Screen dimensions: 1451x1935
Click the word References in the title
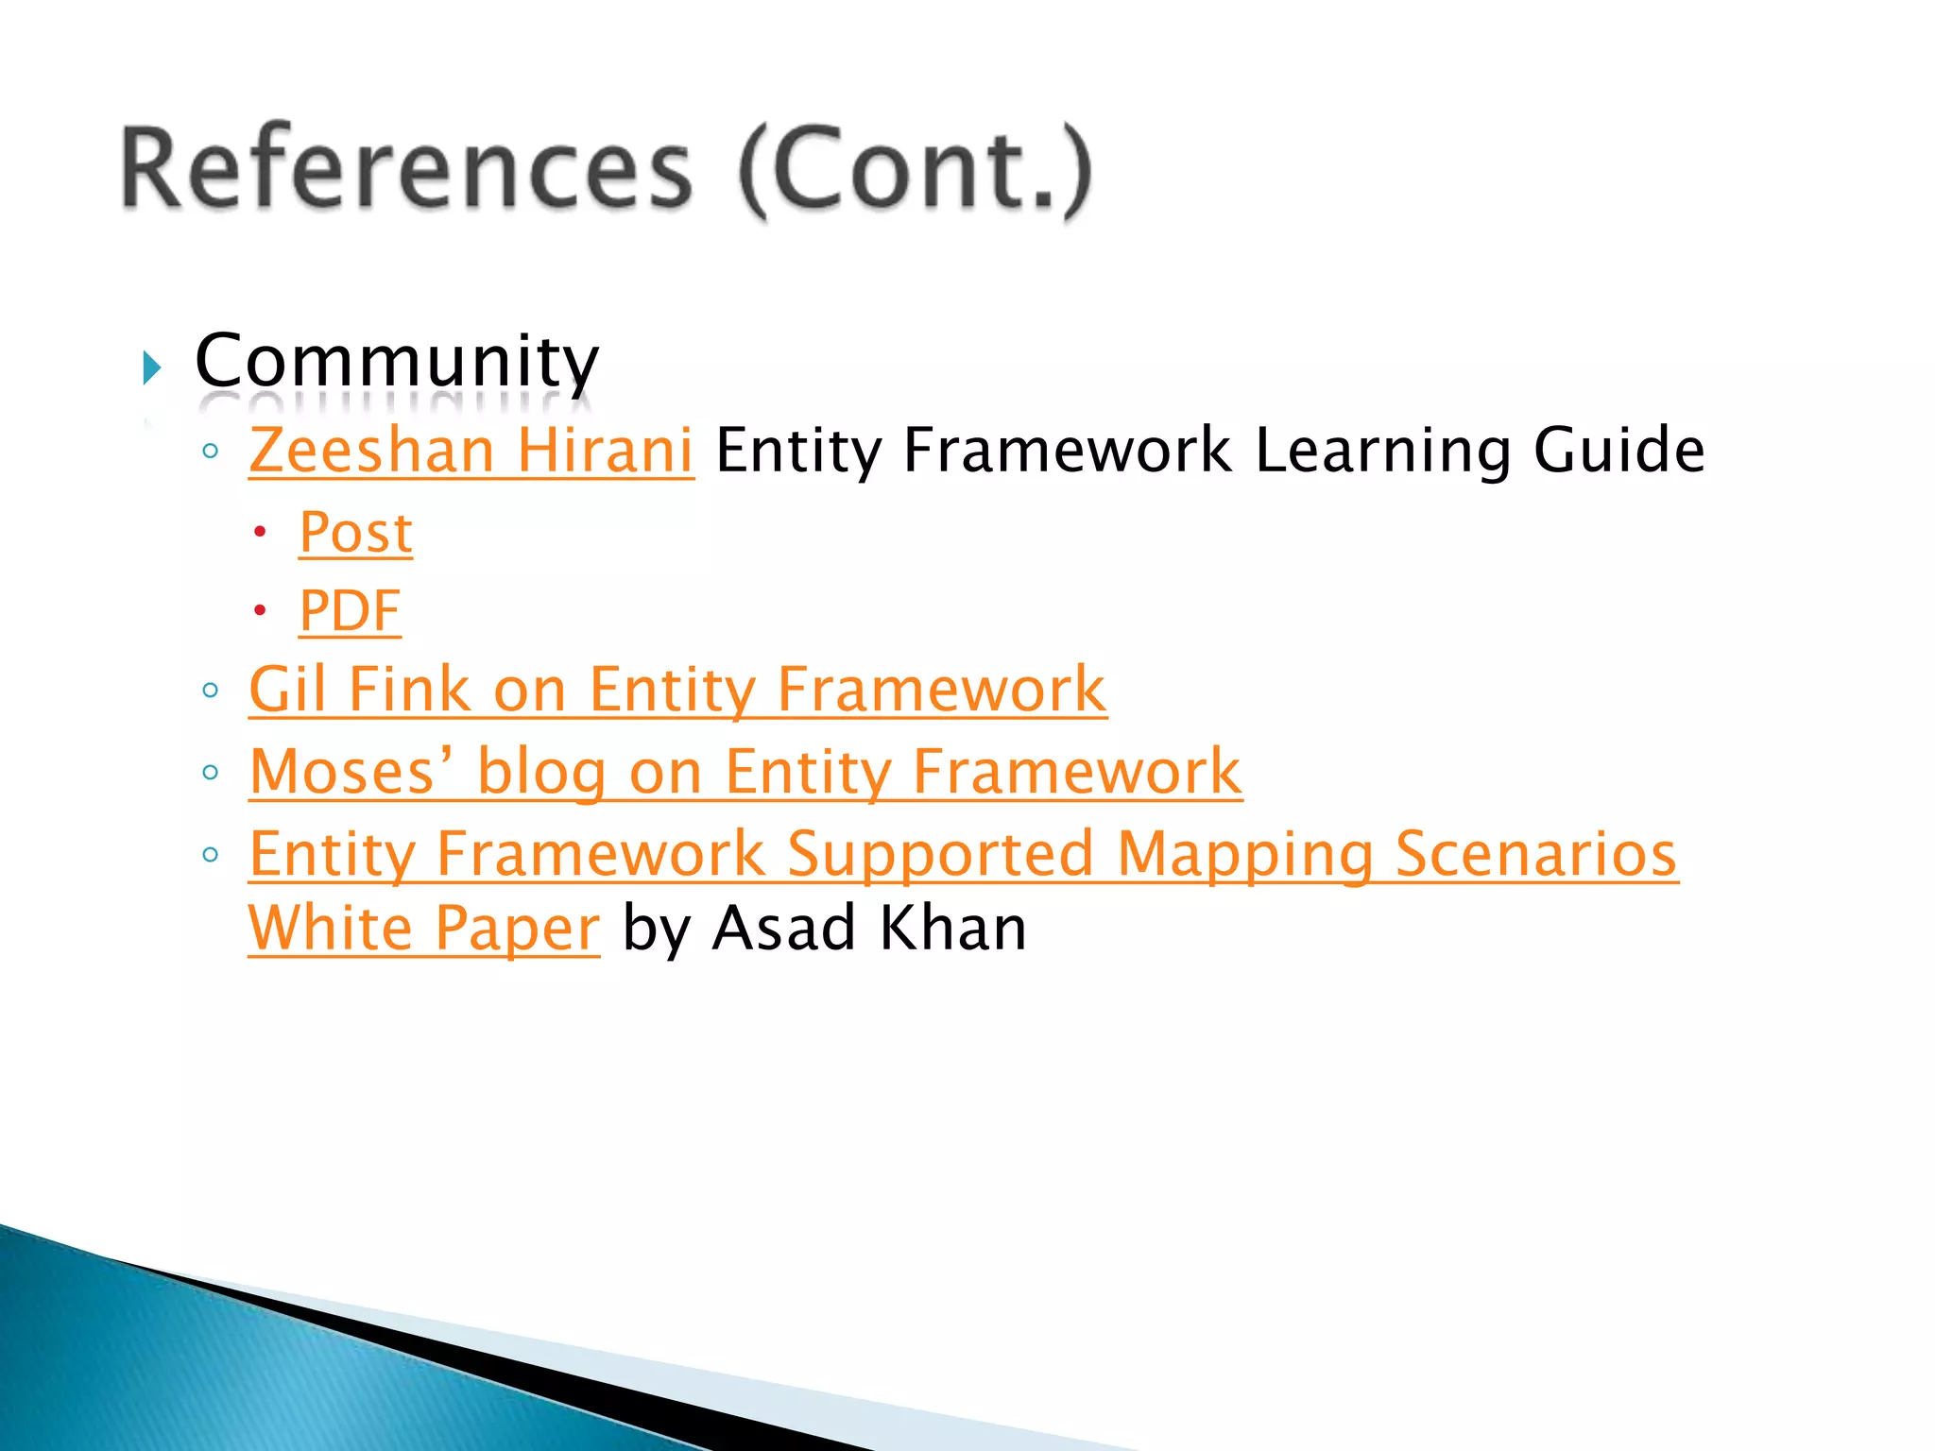click(x=406, y=170)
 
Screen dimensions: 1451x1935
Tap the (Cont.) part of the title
click(x=915, y=170)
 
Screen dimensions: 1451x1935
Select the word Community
click(x=397, y=361)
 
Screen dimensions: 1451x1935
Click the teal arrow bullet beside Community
click(x=151, y=367)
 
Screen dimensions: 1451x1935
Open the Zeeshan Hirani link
click(x=471, y=450)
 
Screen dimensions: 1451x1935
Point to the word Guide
click(x=1618, y=450)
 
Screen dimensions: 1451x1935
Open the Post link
click(x=355, y=533)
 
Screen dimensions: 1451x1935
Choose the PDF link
click(x=350, y=611)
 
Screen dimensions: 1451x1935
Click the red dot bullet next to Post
click(x=260, y=532)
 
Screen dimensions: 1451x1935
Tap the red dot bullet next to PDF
click(x=260, y=610)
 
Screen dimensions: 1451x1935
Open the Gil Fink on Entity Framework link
click(x=677, y=690)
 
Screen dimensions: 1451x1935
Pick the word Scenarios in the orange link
click(x=1536, y=855)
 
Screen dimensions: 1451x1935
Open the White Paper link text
click(x=423, y=929)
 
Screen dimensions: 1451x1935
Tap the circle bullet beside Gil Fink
click(x=211, y=691)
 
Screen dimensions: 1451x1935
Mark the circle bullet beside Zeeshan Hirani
click(x=211, y=452)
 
